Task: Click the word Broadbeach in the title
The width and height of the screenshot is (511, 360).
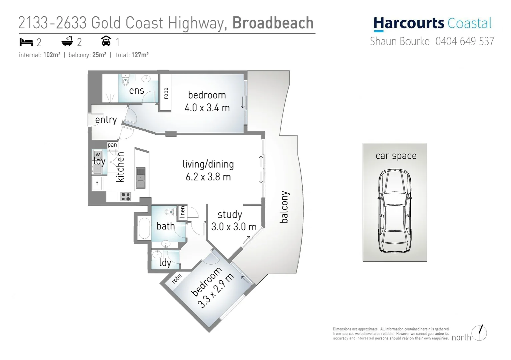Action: click(273, 23)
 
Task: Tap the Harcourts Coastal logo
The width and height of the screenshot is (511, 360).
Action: click(432, 24)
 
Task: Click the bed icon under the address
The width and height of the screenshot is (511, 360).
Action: click(26, 42)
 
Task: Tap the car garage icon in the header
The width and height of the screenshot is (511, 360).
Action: click(106, 41)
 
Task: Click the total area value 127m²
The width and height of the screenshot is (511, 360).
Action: click(140, 55)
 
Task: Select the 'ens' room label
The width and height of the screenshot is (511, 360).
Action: click(136, 90)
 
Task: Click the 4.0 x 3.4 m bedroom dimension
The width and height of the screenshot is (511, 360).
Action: click(207, 108)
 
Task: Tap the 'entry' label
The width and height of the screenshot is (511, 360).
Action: click(106, 120)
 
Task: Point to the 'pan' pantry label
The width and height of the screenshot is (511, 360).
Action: click(112, 145)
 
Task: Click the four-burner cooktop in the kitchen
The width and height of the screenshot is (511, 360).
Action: click(126, 197)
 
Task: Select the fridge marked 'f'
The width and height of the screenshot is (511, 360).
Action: click(97, 183)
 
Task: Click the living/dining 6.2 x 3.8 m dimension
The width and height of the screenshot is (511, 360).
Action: click(208, 177)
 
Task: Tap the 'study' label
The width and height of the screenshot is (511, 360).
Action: click(230, 214)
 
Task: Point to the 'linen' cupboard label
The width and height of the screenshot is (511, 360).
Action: click(182, 212)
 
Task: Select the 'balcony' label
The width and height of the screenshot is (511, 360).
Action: click(284, 207)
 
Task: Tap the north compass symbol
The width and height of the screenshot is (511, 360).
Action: click(479, 333)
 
